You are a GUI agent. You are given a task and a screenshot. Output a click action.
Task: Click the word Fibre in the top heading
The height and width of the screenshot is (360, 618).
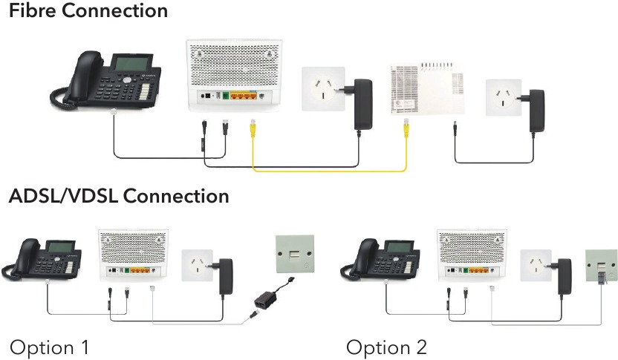[33, 10]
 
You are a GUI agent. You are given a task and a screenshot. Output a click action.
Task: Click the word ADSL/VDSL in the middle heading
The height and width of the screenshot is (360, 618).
[62, 196]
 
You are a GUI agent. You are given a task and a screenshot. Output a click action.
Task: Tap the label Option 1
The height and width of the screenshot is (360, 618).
[49, 347]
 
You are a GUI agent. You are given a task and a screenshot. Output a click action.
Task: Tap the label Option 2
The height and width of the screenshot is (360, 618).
[386, 347]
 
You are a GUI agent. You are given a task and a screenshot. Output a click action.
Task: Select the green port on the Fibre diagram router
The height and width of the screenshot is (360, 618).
[226, 96]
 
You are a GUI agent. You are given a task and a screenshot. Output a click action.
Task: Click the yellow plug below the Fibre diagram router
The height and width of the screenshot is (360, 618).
[253, 127]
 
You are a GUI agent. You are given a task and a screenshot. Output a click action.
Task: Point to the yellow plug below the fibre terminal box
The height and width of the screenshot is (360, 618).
[406, 128]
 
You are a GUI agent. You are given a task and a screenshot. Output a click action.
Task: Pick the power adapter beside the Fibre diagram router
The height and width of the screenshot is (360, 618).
[363, 105]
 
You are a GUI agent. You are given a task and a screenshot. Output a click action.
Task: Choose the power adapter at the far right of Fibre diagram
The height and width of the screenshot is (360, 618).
[536, 111]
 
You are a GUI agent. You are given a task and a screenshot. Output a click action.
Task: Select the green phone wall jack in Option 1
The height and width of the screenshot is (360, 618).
[295, 254]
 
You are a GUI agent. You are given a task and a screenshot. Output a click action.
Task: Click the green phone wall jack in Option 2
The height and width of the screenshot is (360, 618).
[601, 266]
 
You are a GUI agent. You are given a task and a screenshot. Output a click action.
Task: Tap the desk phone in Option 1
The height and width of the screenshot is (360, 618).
[42, 259]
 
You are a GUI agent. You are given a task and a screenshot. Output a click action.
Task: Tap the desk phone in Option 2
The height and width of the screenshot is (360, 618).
[380, 259]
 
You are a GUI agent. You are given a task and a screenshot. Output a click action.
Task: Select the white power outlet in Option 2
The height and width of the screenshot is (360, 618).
[536, 265]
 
